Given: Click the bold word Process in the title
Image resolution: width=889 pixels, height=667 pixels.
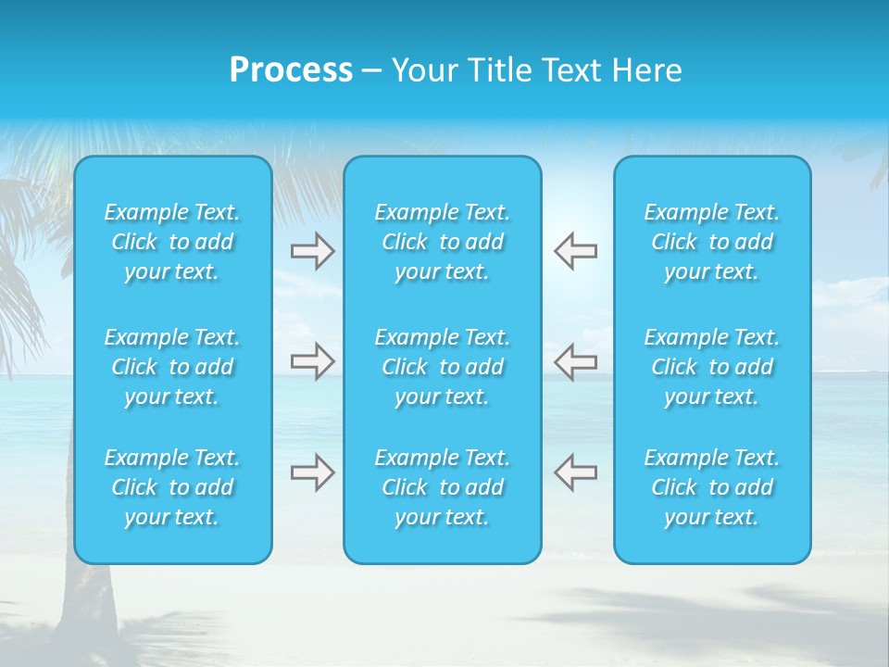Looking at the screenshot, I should pos(291,70).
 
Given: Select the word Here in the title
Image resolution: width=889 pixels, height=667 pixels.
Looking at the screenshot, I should pos(645,70).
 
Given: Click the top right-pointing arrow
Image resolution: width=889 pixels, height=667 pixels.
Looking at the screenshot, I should pos(312,251).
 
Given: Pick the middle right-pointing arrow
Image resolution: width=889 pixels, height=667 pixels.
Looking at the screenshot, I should pos(312,360).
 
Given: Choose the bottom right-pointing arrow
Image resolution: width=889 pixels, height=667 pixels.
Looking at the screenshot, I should pos(312,472).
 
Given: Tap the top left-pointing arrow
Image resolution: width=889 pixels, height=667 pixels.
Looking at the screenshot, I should pos(576,251).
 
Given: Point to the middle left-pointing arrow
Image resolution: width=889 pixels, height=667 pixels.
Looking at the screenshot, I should pos(576,360).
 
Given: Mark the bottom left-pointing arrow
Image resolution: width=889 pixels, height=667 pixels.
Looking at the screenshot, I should pos(576,472).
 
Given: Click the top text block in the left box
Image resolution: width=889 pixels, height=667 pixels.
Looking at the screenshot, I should pos(172,242).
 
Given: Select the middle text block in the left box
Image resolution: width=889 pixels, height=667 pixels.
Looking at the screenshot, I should pos(172,367).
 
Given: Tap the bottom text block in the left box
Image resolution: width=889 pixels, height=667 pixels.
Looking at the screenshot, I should pos(172,487).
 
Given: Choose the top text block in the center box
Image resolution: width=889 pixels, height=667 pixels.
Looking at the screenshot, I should pos(443,242).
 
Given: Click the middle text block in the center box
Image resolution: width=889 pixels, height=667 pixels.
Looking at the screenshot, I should pos(443,367).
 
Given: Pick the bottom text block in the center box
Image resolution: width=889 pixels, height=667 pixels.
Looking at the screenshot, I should pos(443,487).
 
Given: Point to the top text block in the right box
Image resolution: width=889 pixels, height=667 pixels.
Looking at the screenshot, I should pos(712,242).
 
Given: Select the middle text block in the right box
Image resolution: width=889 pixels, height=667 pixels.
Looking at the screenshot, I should pos(712,367).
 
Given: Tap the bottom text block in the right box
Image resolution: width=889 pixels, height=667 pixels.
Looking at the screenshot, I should pos(712,487).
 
